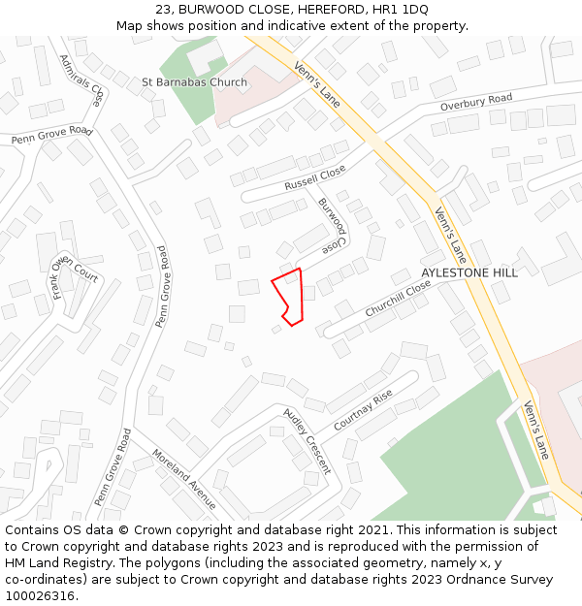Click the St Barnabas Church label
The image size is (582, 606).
click(x=194, y=82)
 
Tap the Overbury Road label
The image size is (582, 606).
click(x=475, y=102)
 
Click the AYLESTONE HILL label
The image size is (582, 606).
click(x=469, y=273)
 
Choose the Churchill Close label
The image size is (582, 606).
click(x=398, y=299)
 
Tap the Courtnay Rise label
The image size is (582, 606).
click(x=363, y=411)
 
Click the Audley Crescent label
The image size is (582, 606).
click(x=307, y=440)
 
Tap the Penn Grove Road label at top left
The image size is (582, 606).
click(x=51, y=135)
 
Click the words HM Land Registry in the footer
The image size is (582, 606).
click(x=50, y=563)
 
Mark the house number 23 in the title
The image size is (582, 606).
click(x=162, y=10)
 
